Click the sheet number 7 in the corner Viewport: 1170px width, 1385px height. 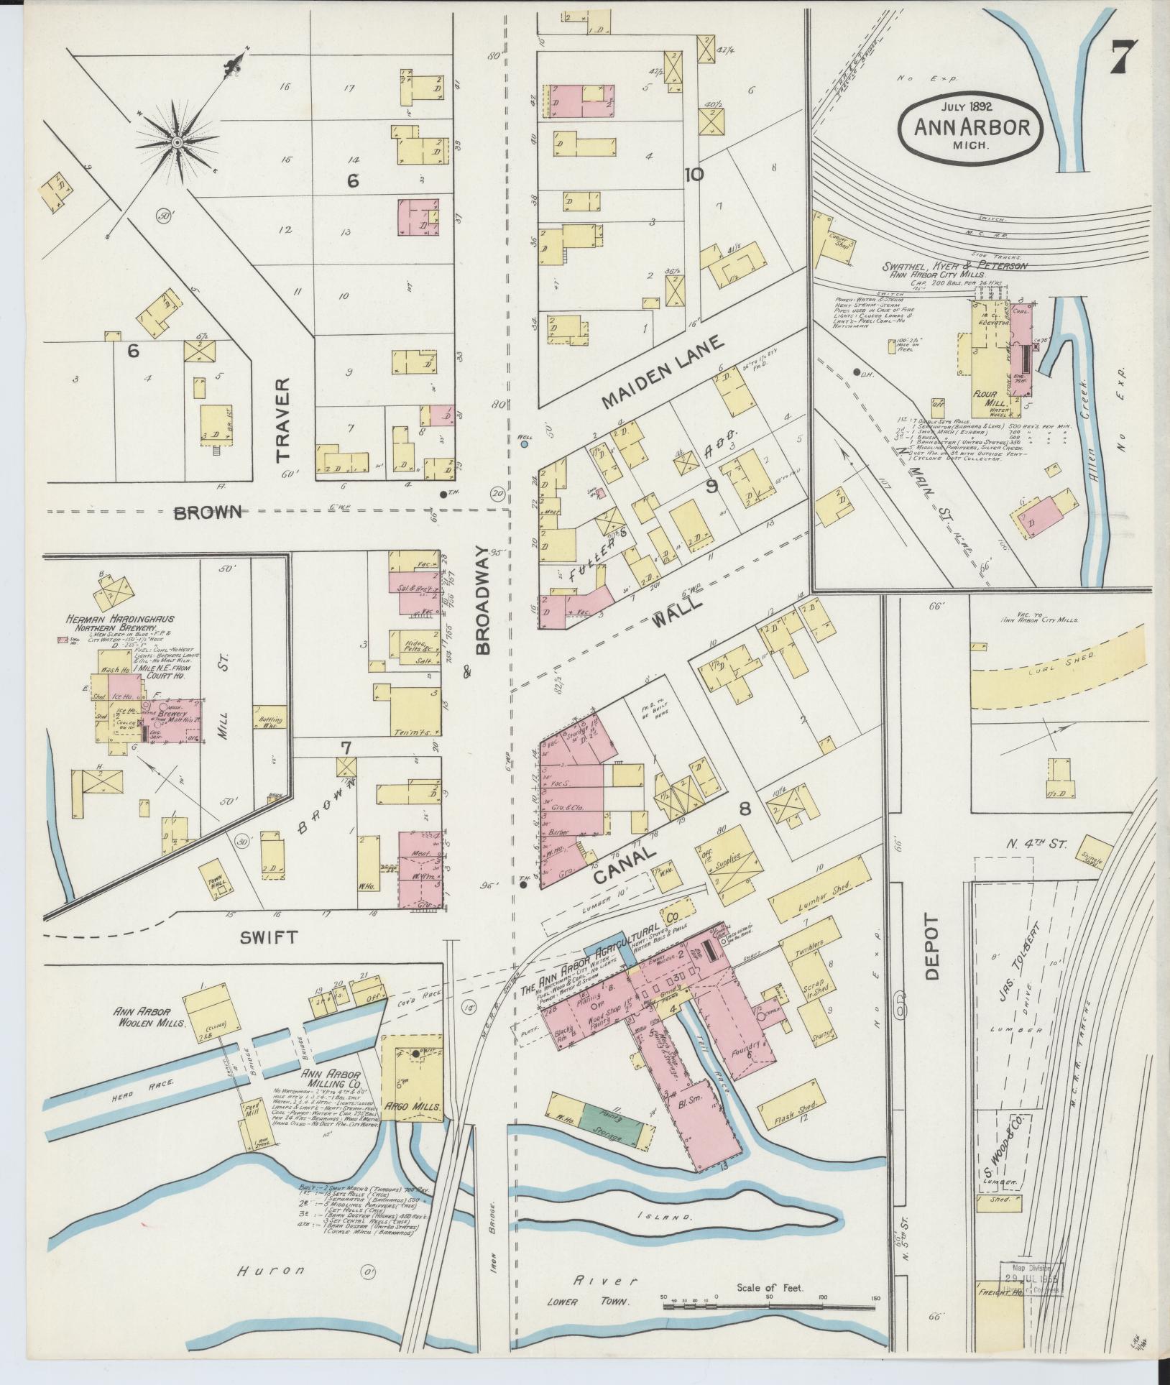pos(1123,57)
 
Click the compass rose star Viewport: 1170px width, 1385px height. pos(175,144)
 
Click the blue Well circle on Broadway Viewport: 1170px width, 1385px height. pos(525,445)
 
